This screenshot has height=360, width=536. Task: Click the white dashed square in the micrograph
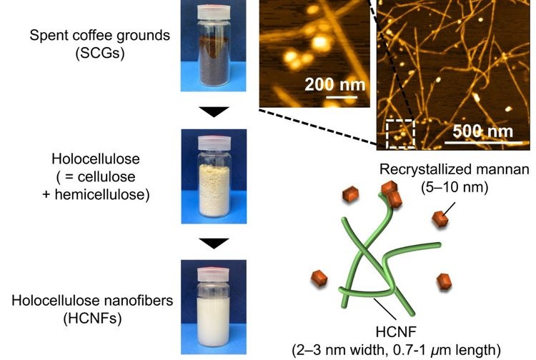(400, 134)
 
